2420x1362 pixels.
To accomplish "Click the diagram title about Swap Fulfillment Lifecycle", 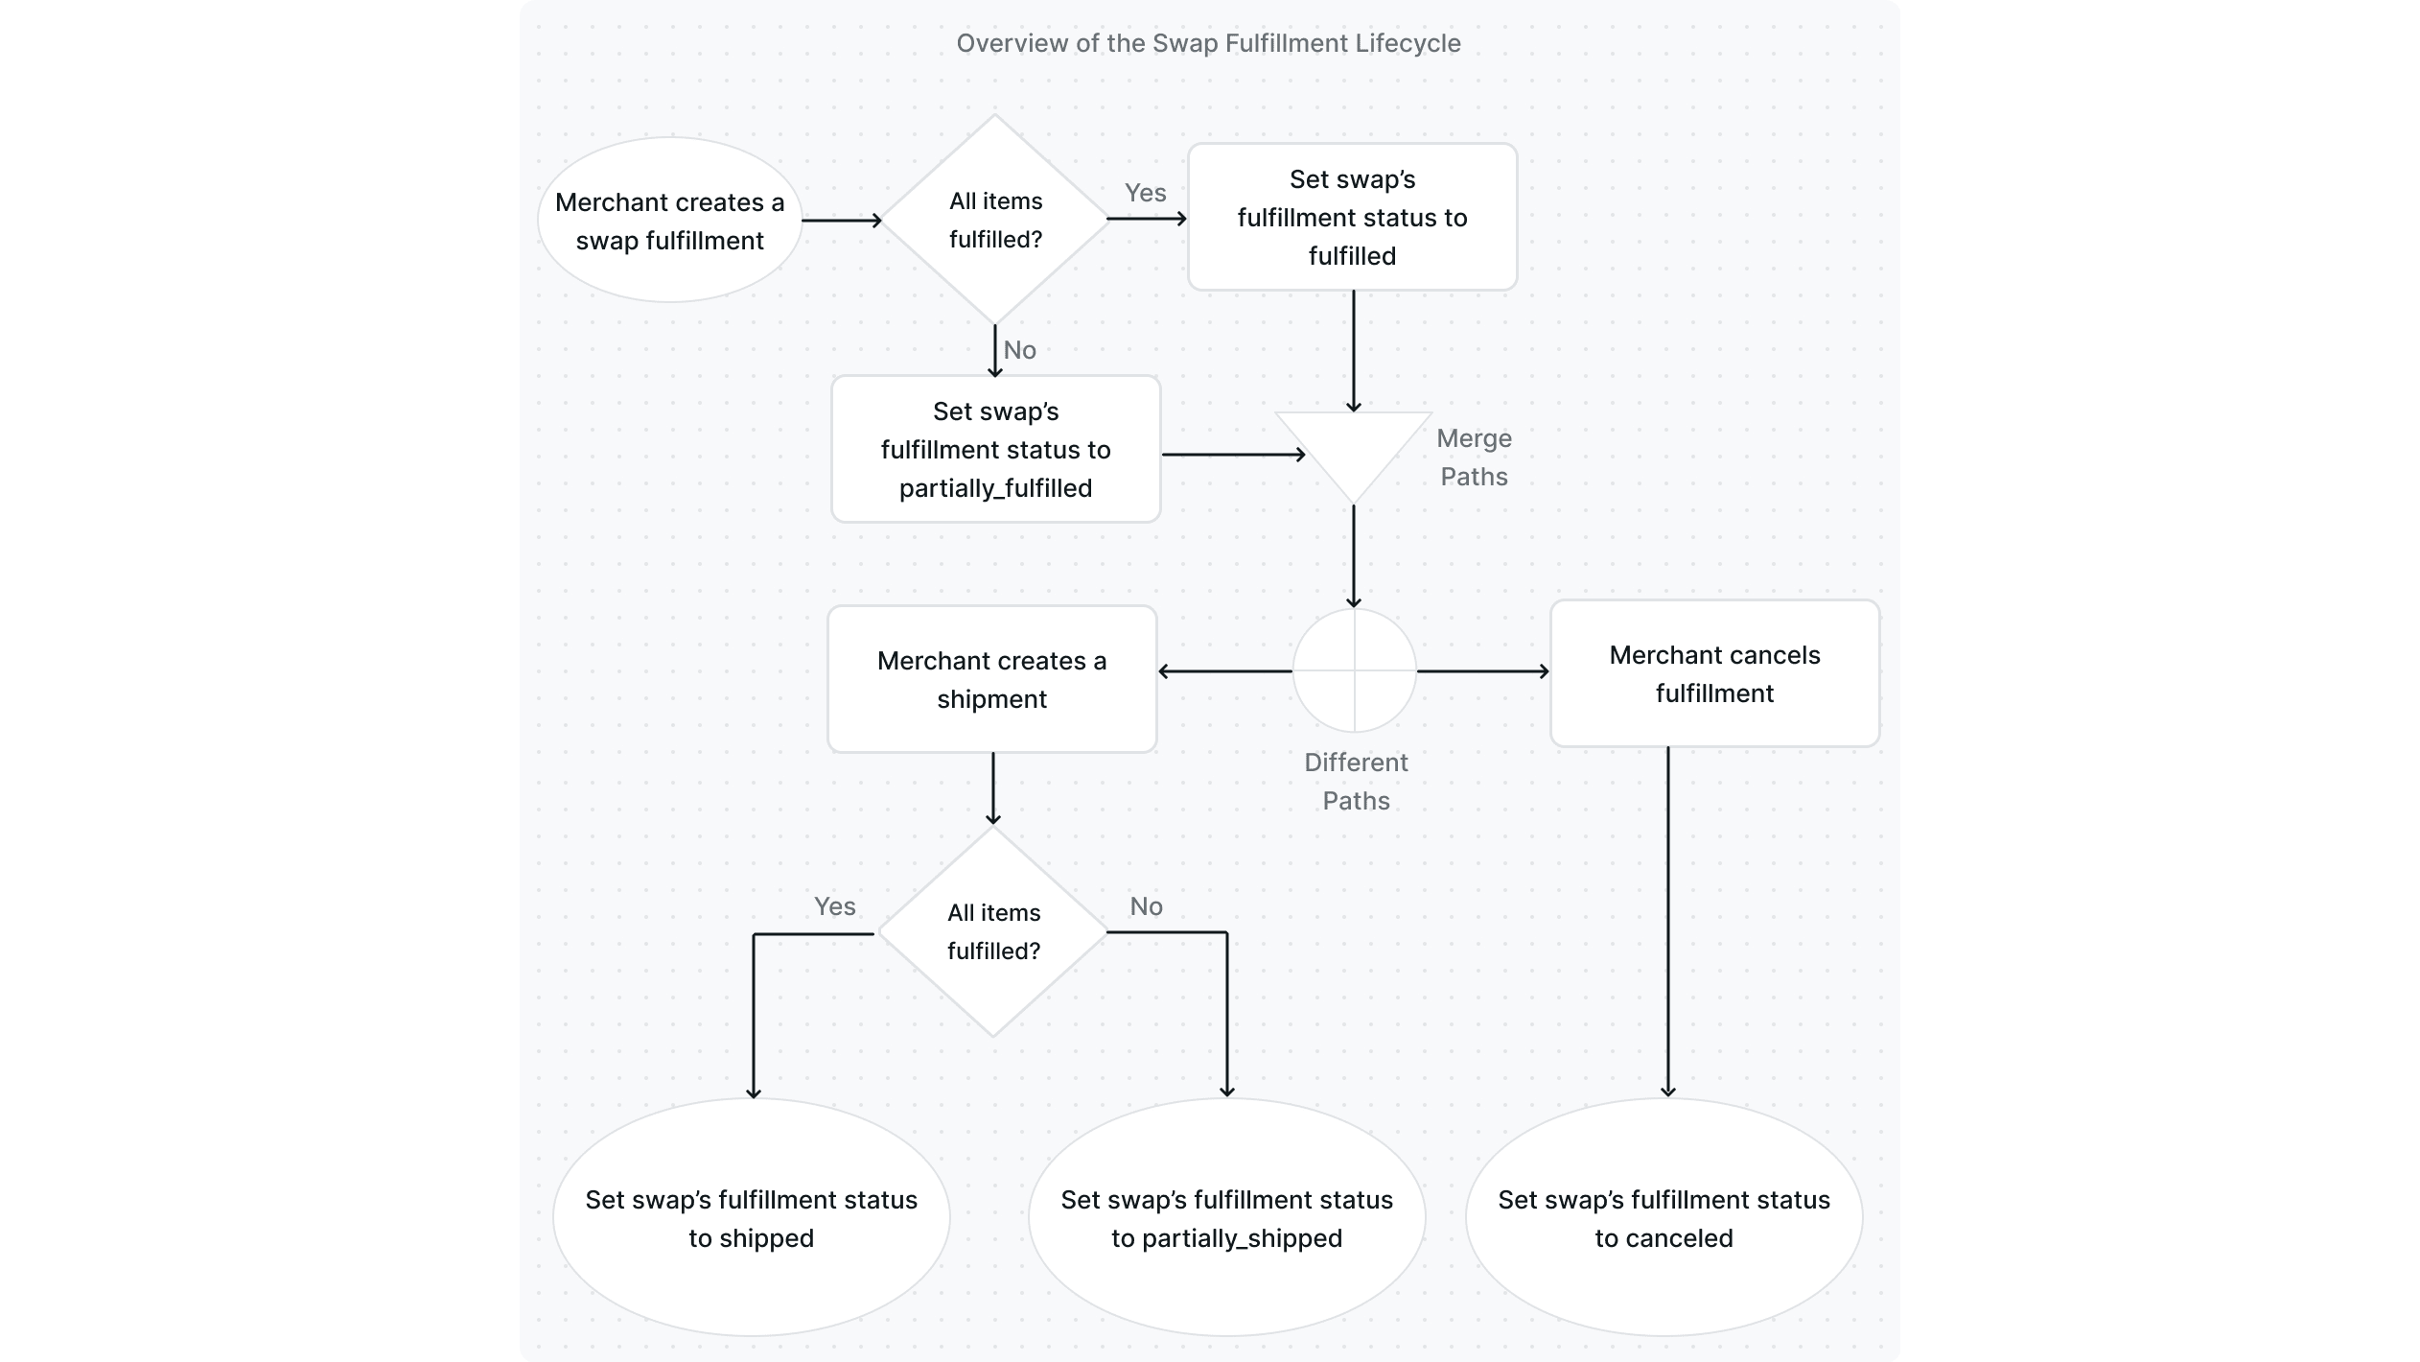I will click(1208, 43).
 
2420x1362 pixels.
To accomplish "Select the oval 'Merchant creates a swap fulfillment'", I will click(669, 221).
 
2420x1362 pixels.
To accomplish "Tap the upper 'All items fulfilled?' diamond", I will click(995, 220).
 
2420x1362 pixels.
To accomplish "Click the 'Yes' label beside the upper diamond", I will click(1145, 193).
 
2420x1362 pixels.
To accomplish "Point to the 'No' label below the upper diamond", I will click(1019, 350).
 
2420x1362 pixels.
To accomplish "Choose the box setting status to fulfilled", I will click(1352, 218).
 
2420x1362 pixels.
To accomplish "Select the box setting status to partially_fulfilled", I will click(995, 449).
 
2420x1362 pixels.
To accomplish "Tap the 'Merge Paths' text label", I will click(1474, 458).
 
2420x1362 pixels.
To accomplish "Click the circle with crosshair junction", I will click(1354, 670).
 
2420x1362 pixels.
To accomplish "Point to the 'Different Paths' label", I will click(1356, 781).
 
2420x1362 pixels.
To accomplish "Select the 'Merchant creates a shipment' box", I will click(991, 679).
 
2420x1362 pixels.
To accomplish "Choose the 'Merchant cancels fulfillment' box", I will click(1714, 673).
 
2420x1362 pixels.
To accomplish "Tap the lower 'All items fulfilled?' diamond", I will click(993, 931).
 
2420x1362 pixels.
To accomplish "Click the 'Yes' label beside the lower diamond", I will click(834, 906).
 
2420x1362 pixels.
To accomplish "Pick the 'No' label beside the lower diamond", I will click(1146, 906).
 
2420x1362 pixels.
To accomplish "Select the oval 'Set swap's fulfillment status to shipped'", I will click(751, 1218).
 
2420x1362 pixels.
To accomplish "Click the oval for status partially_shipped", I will click(1226, 1218).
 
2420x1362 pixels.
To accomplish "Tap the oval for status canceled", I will click(1664, 1218).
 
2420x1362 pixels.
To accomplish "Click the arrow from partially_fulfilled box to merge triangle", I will click(1232, 455).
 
